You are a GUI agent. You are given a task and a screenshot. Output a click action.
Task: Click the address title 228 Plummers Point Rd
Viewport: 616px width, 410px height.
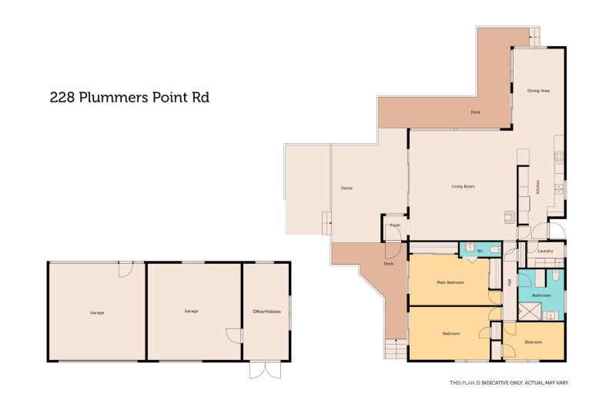(129, 97)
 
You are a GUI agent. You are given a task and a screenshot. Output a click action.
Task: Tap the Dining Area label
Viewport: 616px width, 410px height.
(537, 91)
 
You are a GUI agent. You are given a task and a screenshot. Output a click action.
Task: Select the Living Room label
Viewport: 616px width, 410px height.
(463, 186)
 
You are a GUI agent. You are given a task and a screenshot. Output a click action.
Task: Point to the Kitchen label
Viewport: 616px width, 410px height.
(538, 187)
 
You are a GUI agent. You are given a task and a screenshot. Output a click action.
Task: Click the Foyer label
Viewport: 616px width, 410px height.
(395, 225)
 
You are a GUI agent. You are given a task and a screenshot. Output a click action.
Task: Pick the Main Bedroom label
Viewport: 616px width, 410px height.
(450, 282)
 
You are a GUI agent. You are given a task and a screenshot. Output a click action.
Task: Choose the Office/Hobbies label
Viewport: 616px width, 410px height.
(266, 312)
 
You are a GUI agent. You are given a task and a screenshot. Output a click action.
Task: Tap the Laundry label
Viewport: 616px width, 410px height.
(546, 251)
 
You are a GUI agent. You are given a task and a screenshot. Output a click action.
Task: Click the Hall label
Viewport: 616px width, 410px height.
(509, 283)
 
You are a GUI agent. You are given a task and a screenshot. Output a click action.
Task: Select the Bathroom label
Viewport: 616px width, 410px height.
(541, 295)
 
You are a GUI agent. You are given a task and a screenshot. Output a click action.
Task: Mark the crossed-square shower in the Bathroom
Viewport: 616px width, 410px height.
(529, 312)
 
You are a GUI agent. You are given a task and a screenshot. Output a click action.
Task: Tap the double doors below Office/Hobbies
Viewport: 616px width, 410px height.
(265, 370)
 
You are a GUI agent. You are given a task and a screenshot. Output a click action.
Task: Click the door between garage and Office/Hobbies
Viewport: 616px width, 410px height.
(234, 335)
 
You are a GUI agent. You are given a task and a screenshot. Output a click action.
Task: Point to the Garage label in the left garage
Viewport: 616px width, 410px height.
(97, 312)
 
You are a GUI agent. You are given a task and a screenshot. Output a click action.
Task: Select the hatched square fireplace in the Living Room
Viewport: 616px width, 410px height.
(509, 217)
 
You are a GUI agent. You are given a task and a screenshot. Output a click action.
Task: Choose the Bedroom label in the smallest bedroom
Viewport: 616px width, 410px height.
(534, 342)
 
